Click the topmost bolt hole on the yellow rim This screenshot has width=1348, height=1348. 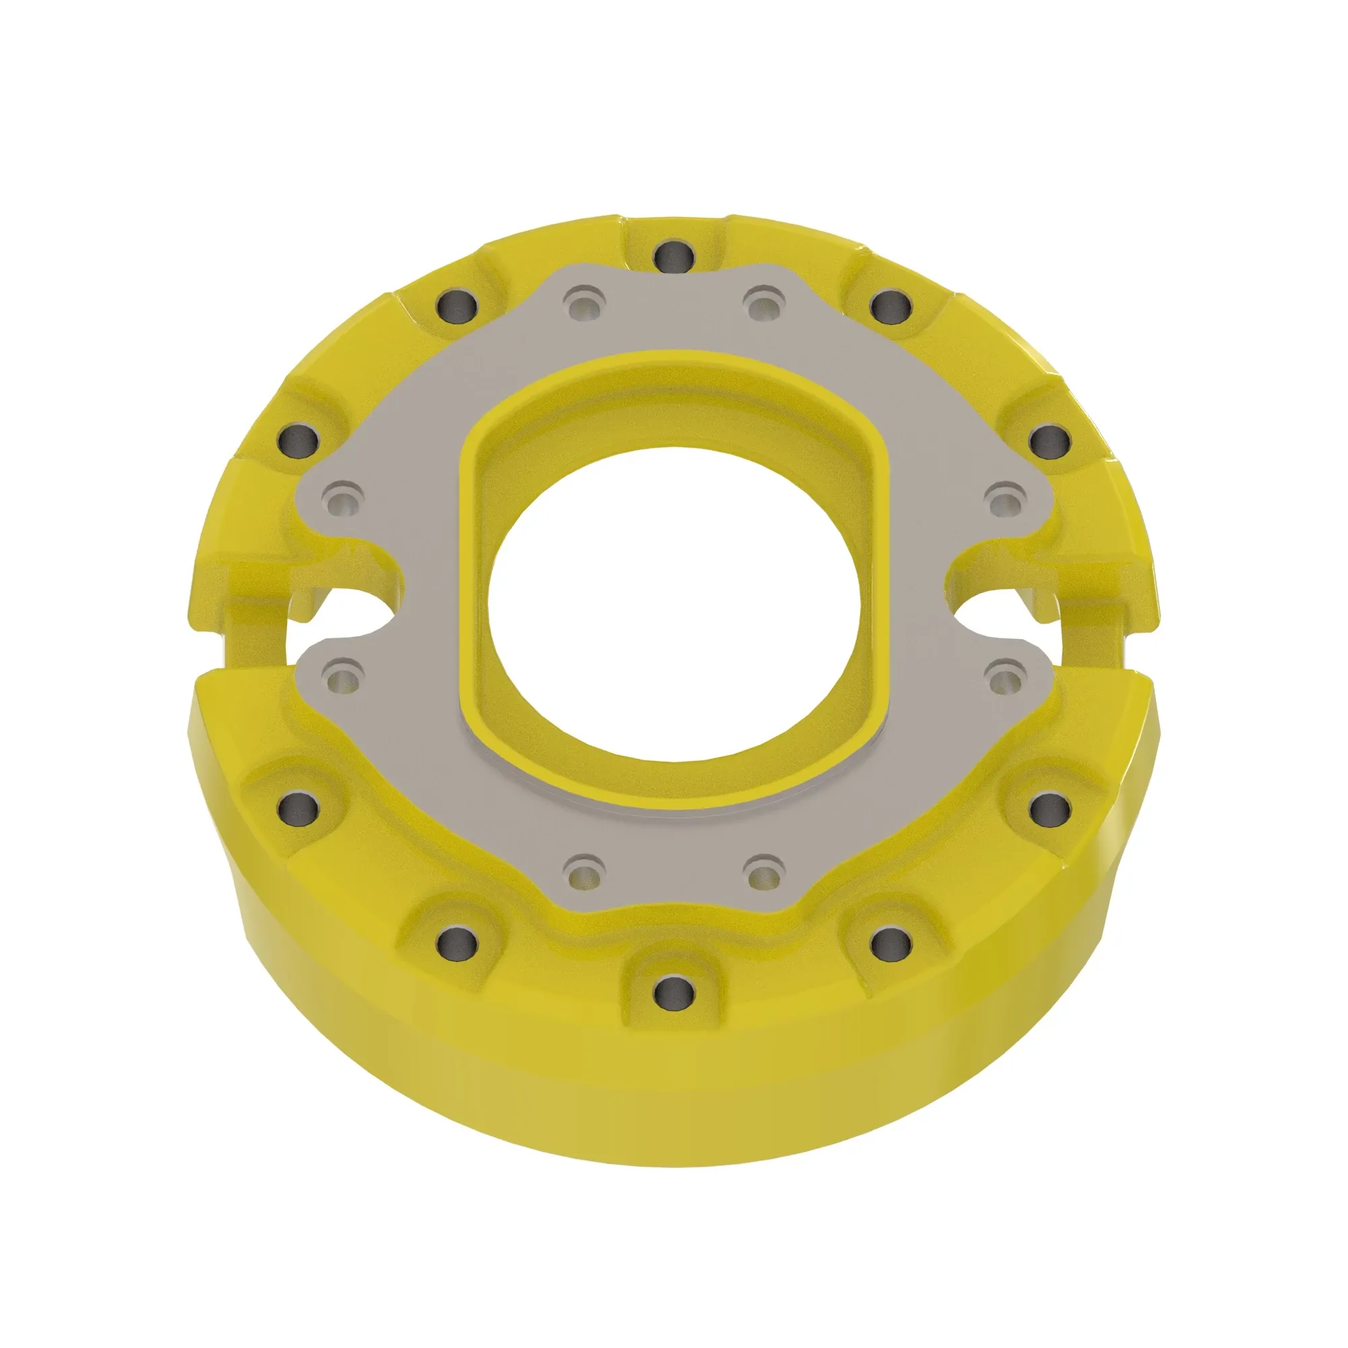[674, 256]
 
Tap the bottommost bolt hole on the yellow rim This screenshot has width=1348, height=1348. [674, 989]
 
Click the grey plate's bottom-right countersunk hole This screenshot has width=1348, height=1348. [764, 871]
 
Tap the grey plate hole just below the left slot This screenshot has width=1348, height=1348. [342, 676]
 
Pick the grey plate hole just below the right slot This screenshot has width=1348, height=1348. [1006, 676]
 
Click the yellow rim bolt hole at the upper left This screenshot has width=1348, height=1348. [457, 304]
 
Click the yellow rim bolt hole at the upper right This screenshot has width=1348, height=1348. [891, 304]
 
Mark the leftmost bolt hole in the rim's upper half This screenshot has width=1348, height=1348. [298, 440]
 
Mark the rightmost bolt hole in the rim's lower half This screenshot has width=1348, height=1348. [1049, 808]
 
